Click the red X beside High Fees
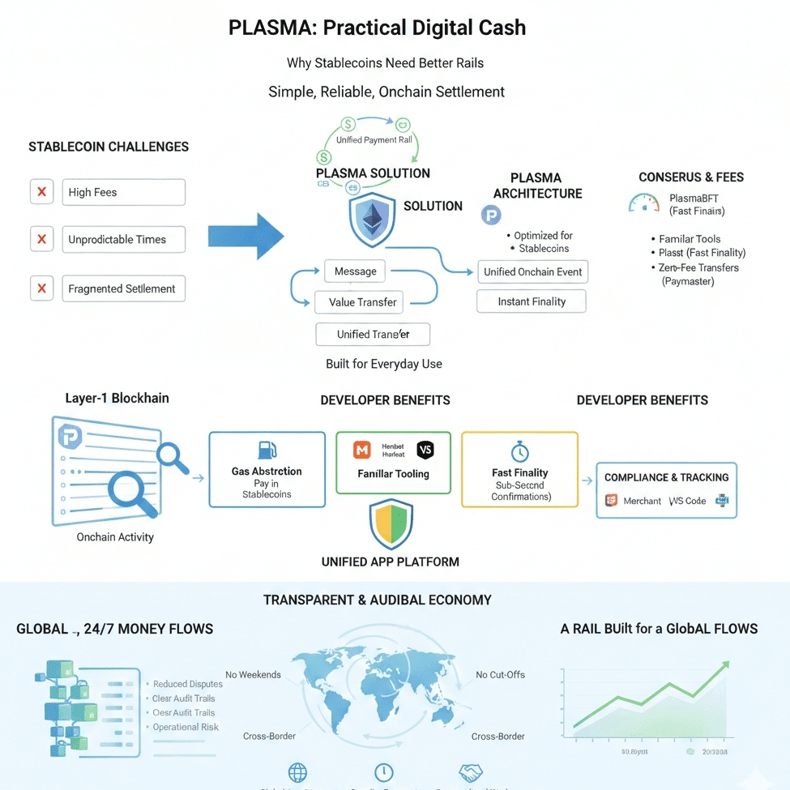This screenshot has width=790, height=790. click(41, 192)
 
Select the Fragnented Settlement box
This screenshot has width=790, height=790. click(123, 288)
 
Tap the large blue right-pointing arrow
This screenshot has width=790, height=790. click(246, 236)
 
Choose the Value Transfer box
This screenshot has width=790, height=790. click(362, 302)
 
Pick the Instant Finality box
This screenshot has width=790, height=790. click(532, 301)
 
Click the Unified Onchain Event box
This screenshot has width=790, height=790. click(532, 272)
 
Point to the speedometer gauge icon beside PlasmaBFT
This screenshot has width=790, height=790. click(644, 203)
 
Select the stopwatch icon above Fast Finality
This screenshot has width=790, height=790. click(519, 451)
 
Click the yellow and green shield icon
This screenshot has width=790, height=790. click(391, 524)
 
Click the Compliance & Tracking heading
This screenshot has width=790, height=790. click(666, 477)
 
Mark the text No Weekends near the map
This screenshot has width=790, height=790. click(253, 675)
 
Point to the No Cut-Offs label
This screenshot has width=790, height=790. click(500, 675)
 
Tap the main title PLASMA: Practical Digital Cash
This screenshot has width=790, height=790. click(377, 28)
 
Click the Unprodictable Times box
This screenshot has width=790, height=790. click(123, 240)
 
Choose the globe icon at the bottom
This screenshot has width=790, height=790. click(297, 772)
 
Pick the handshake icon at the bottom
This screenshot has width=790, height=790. click(471, 772)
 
